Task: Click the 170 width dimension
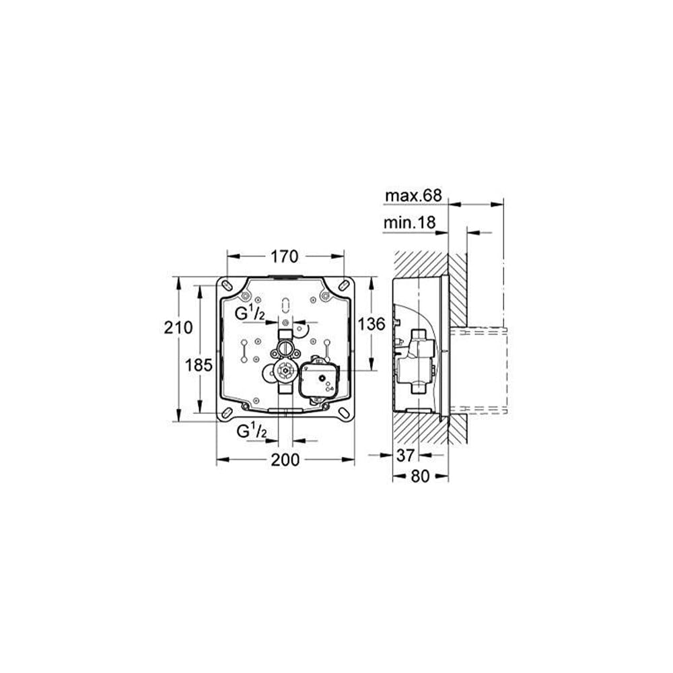(284, 256)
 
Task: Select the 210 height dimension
(178, 328)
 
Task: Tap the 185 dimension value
(199, 365)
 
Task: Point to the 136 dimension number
(371, 324)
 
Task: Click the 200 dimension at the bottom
(285, 460)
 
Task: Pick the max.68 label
(413, 196)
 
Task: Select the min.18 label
(409, 223)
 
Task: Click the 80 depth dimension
(420, 476)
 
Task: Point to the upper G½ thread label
(250, 314)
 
